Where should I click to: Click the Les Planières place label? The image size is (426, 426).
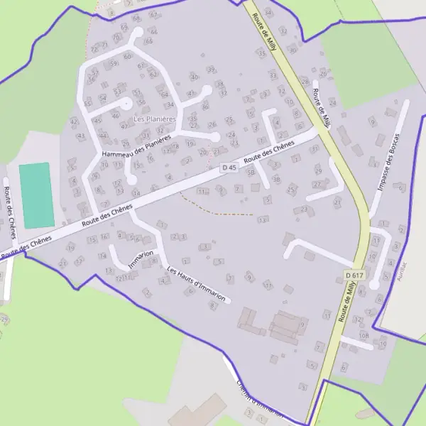click(x=154, y=119)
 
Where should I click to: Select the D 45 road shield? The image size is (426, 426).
click(x=228, y=168)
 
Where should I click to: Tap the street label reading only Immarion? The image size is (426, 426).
click(x=141, y=259)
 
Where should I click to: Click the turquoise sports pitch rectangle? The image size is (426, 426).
click(x=36, y=195)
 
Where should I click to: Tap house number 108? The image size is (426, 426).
click(x=364, y=334)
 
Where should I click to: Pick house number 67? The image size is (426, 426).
click(x=153, y=14)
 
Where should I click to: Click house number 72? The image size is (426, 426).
click(x=94, y=50)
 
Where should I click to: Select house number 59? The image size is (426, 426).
click(x=114, y=64)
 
